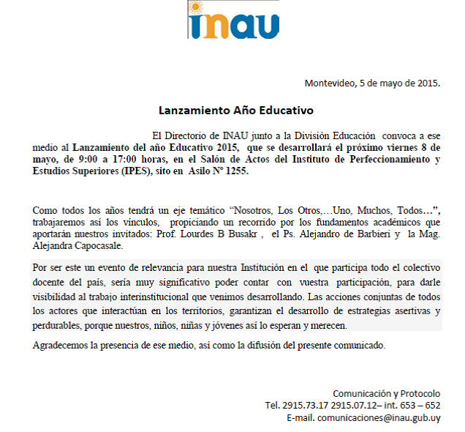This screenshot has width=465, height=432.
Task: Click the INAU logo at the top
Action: coord(232,22)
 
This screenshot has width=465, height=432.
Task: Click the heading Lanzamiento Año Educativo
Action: coord(236,111)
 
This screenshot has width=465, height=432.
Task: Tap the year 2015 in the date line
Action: coord(426,82)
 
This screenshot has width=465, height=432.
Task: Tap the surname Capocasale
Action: coord(102,247)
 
